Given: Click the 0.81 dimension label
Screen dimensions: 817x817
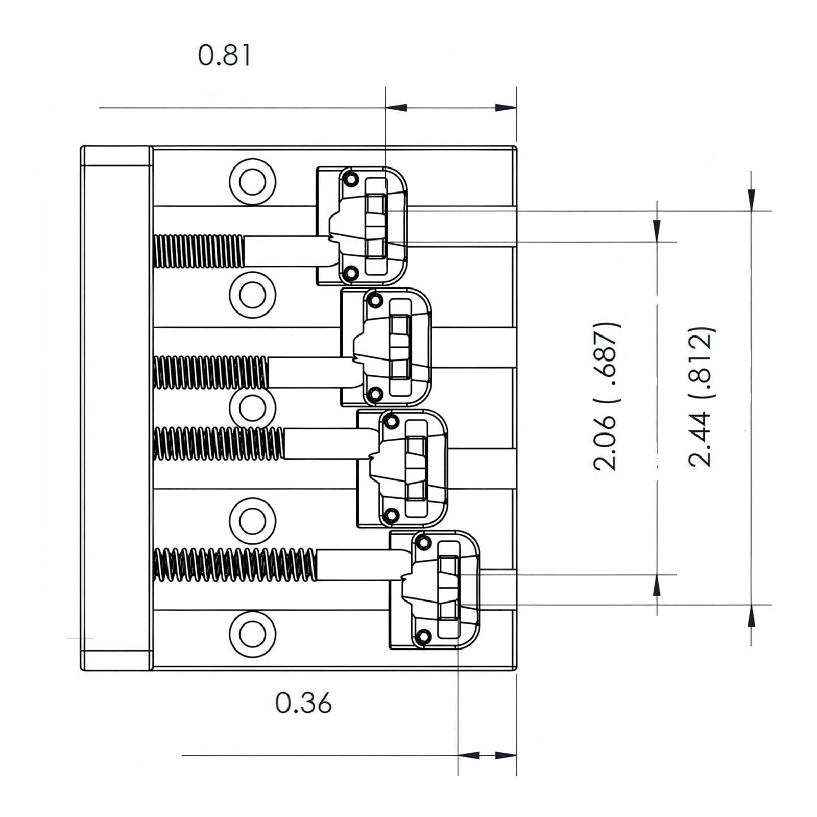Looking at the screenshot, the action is [x=225, y=56].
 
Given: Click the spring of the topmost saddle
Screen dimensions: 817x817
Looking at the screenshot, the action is [x=199, y=251].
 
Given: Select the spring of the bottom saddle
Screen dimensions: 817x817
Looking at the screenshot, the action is [x=235, y=564].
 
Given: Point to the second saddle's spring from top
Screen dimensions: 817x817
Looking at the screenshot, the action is [x=211, y=372].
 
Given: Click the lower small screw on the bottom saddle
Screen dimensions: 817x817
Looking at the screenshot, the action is [x=423, y=636].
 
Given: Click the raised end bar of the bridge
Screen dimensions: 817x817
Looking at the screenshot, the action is [x=116, y=408].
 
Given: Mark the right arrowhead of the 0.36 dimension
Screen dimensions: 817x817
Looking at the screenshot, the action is [x=506, y=755].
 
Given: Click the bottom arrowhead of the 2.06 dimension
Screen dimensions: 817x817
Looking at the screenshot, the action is [x=657, y=587].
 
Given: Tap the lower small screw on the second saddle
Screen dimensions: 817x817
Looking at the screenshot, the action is [x=375, y=394].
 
